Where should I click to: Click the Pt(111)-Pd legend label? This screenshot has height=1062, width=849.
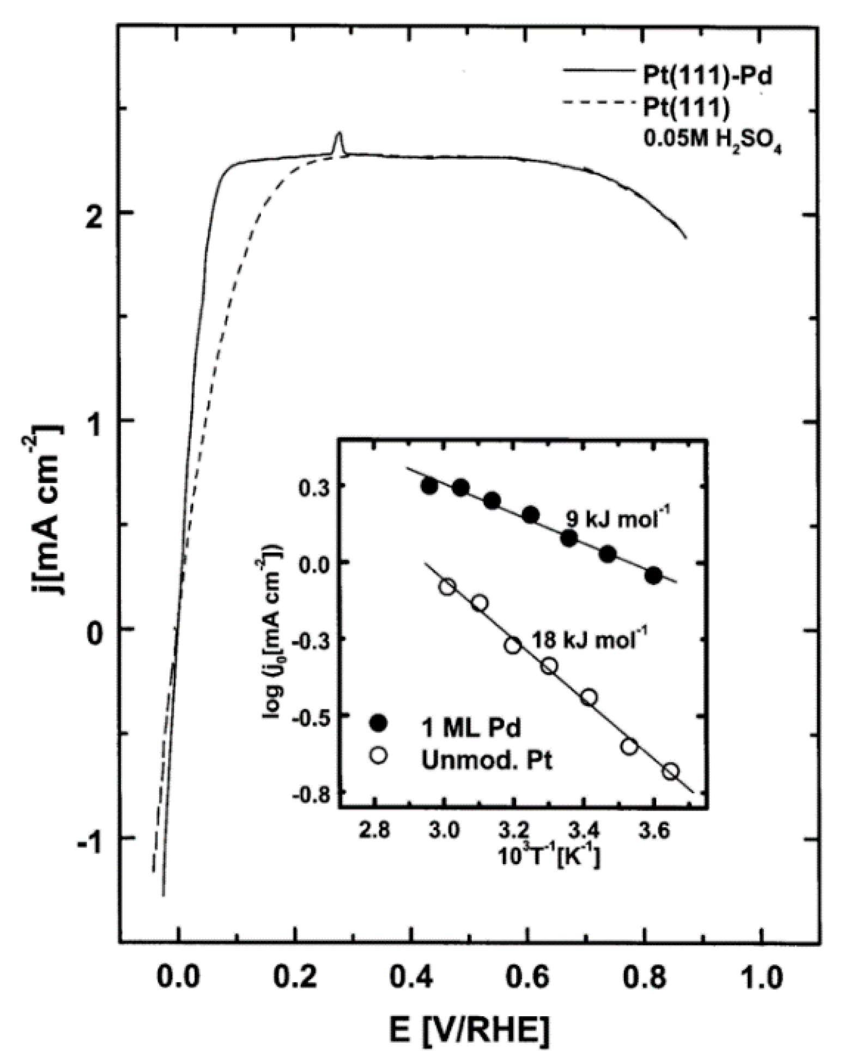(x=707, y=75)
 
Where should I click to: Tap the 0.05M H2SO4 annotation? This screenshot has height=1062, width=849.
(x=712, y=141)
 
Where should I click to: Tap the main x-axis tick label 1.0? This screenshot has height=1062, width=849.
(x=761, y=977)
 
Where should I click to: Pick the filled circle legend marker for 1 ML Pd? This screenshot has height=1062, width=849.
(x=378, y=724)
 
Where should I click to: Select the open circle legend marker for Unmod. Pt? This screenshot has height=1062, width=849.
(x=378, y=756)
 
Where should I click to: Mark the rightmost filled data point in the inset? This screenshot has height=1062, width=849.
(x=654, y=576)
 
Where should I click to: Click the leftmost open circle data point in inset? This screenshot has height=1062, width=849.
(x=447, y=587)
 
